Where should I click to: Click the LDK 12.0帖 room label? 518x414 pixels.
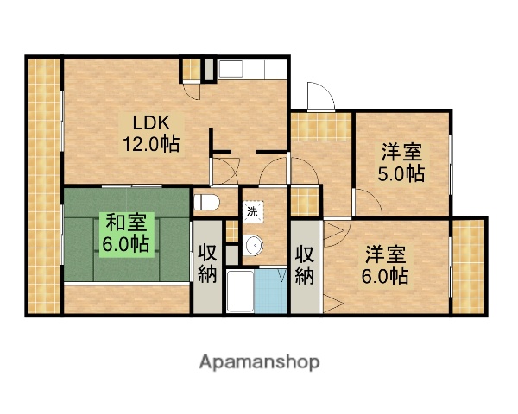(x=155, y=133)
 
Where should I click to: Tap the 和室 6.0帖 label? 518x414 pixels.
(x=126, y=233)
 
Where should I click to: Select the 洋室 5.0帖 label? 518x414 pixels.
(x=402, y=163)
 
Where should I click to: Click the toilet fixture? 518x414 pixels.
(x=208, y=203)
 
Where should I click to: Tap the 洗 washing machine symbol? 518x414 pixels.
(x=252, y=210)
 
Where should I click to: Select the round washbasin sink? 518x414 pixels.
(x=254, y=248)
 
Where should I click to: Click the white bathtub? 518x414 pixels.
(x=241, y=293)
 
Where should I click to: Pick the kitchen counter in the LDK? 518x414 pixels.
(x=244, y=69)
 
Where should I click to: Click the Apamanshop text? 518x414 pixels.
(x=259, y=362)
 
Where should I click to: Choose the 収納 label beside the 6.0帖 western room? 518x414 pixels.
(x=305, y=265)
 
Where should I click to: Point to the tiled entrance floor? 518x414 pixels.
(x=319, y=126)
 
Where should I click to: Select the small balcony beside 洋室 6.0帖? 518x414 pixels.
(x=470, y=267)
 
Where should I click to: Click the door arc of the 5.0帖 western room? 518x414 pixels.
(x=368, y=204)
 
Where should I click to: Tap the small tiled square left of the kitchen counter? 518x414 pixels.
(x=190, y=69)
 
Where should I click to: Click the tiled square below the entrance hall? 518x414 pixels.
(x=304, y=200)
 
